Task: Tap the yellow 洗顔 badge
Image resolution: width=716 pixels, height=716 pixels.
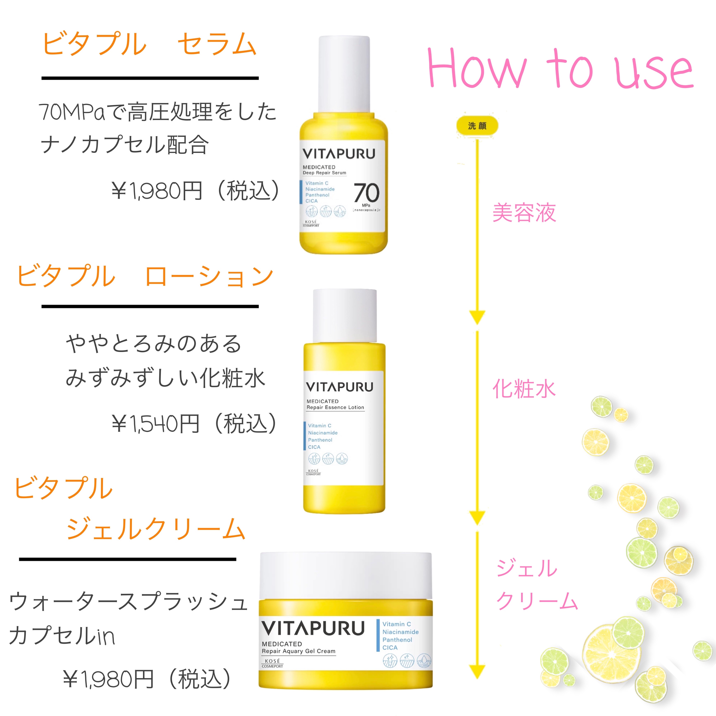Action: click(477, 126)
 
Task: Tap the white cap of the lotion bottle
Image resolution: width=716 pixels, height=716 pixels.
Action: click(345, 316)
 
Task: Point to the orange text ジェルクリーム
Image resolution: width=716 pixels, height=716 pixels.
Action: click(156, 529)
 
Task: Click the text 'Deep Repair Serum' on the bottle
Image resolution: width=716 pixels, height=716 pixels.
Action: click(324, 173)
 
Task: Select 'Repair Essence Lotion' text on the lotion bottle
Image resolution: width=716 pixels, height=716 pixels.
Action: click(335, 407)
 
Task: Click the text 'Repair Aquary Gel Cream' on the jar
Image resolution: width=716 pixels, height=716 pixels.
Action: click(298, 651)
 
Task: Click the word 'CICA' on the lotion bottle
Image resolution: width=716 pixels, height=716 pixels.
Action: click(314, 447)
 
